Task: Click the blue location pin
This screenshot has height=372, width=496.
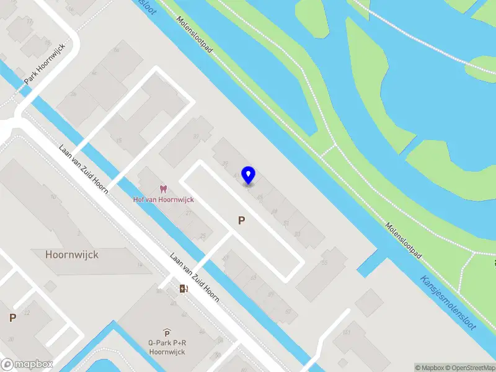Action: pyautogui.click(x=249, y=175)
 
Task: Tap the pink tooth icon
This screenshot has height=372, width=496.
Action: pyautogui.click(x=164, y=189)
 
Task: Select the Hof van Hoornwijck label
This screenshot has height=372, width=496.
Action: pyautogui.click(x=164, y=199)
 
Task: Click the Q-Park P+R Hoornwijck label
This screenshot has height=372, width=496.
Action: pyautogui.click(x=167, y=347)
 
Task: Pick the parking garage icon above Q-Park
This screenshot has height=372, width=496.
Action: pyautogui.click(x=167, y=333)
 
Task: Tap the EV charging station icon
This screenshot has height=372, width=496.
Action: pyautogui.click(x=183, y=288)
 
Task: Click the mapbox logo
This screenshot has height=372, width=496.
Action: pyautogui.click(x=26, y=365)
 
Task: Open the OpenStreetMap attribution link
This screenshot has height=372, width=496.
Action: pyautogui.click(x=468, y=368)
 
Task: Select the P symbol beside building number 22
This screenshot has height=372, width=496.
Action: pyautogui.click(x=12, y=317)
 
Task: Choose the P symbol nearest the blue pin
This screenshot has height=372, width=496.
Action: pyautogui.click(x=242, y=220)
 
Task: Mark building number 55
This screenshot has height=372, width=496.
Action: pyautogui.click(x=324, y=262)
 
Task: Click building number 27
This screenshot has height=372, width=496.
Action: pyautogui.click(x=189, y=213)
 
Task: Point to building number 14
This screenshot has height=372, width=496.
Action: pyautogui.click(x=139, y=265)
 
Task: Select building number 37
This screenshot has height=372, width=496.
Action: pyautogui.click(x=196, y=136)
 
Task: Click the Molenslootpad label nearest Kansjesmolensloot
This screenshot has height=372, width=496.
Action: pyautogui.click(x=404, y=238)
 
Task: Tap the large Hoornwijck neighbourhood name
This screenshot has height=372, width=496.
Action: pyautogui.click(x=72, y=254)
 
